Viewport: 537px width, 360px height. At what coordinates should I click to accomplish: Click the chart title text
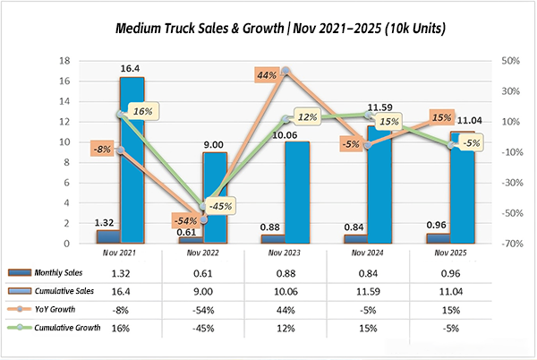pos(268,29)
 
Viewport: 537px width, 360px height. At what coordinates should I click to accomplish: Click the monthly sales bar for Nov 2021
pos(107,236)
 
